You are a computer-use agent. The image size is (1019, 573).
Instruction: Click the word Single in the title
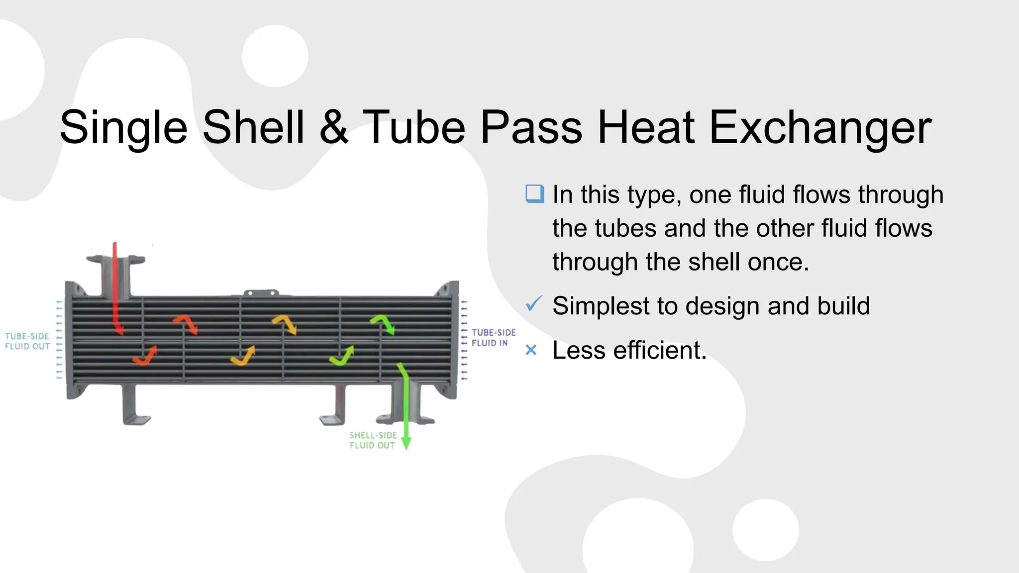point(123,128)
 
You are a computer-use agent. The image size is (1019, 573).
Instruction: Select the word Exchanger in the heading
point(820,128)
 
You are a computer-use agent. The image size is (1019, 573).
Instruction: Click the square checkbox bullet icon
point(534,193)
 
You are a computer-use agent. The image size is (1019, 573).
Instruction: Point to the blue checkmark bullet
point(533,303)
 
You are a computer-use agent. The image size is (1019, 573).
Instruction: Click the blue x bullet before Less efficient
point(531,351)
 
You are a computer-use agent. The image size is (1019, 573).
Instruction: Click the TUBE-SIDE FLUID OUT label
point(27,341)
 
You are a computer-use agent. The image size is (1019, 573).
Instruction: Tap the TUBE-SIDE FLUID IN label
point(493,337)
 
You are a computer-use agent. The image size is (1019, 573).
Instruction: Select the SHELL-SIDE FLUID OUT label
point(373,440)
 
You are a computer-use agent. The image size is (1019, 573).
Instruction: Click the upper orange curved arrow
point(285,323)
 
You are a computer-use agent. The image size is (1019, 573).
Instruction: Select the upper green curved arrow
point(383,323)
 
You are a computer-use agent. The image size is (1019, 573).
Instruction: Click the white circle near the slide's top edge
point(275,56)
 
